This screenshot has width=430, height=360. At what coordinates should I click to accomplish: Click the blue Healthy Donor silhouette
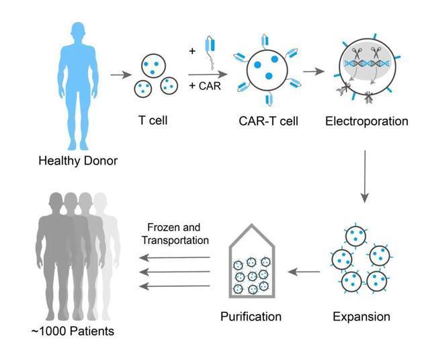click(77, 74)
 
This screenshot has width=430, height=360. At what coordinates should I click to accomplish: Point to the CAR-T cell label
click(269, 122)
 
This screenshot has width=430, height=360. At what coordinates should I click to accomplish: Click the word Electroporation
click(366, 122)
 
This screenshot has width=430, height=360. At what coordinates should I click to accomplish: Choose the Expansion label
click(361, 316)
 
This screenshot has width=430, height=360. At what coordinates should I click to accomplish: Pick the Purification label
click(251, 316)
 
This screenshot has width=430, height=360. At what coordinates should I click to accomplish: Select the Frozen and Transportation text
click(173, 234)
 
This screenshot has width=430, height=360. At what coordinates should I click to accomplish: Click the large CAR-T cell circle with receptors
click(267, 70)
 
